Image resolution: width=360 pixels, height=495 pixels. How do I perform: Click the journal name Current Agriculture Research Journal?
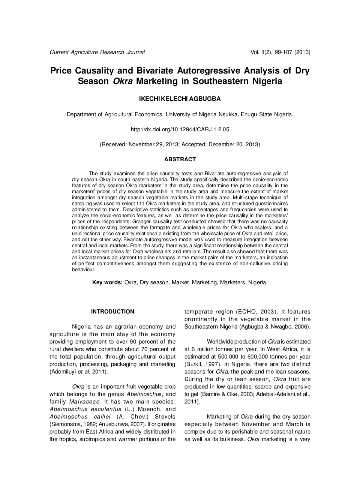(97, 52)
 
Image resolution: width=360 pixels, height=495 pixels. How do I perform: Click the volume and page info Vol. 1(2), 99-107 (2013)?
(280, 52)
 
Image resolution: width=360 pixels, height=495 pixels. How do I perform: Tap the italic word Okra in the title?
(124, 81)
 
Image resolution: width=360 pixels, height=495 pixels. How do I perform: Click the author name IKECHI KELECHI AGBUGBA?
(180, 99)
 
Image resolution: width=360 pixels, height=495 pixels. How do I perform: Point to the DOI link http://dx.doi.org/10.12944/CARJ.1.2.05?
(180, 129)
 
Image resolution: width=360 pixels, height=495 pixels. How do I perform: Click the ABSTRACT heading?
(180, 159)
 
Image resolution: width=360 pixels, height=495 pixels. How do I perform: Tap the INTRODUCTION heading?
(112, 312)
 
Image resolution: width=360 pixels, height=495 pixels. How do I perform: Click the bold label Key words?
(107, 282)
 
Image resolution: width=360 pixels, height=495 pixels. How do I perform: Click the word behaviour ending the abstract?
(84, 270)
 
